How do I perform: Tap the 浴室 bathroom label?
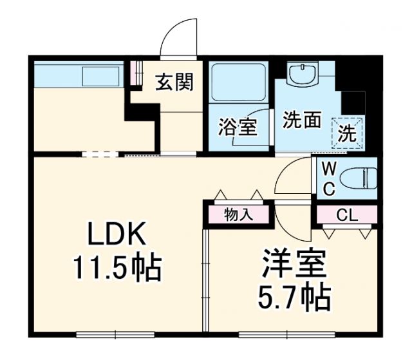click(238, 128)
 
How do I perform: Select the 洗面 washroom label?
click(302, 120)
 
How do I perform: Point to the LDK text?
click(118, 235)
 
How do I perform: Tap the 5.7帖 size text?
click(294, 298)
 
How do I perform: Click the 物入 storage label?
click(238, 215)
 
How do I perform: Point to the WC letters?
click(328, 179)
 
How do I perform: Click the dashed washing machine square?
click(347, 134)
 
